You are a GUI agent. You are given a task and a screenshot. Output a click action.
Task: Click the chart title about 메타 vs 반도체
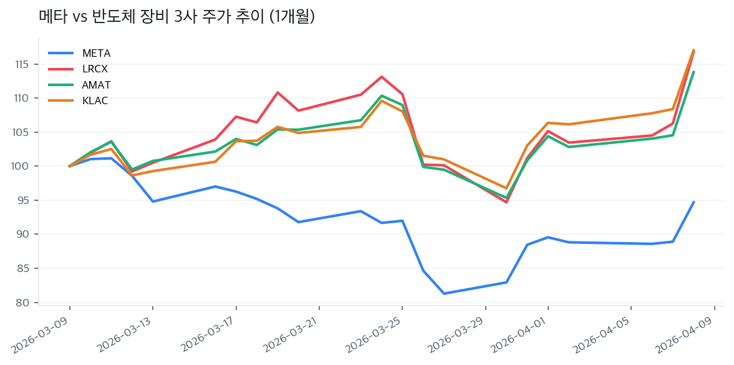[x=176, y=17]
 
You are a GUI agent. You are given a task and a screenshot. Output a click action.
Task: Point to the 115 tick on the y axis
[x=24, y=64]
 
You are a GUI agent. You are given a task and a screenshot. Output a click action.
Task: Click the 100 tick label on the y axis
[x=24, y=166]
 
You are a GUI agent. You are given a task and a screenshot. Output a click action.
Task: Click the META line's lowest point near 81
[x=444, y=293]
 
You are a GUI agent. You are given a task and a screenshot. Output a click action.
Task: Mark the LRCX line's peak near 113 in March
[x=382, y=77]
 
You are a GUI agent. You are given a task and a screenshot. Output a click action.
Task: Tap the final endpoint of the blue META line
[x=693, y=202]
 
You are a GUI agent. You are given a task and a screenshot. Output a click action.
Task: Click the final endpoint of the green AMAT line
[x=693, y=72]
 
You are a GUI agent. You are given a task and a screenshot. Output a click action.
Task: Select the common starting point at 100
[x=69, y=166]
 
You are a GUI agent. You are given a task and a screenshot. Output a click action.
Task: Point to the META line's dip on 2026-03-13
[x=153, y=202]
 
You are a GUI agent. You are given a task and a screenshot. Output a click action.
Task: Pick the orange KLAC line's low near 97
[x=506, y=188]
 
